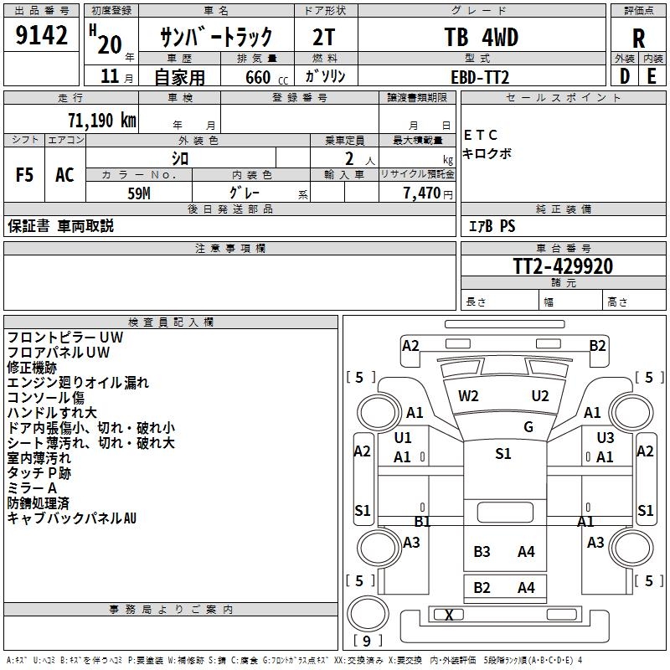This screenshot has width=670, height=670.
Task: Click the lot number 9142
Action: (x=42, y=36)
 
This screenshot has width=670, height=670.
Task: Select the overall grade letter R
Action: (x=638, y=39)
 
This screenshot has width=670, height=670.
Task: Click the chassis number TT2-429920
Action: (x=563, y=266)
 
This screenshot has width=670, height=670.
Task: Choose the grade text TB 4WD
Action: (x=481, y=38)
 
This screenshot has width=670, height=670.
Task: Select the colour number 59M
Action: (x=139, y=193)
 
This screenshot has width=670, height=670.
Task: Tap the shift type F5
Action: (x=25, y=175)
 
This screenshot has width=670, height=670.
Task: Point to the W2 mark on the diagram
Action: (x=468, y=396)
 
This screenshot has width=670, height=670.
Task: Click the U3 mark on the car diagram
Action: (x=606, y=438)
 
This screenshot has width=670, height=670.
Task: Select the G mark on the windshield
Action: (x=528, y=427)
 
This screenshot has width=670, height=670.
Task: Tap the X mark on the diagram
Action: (x=449, y=615)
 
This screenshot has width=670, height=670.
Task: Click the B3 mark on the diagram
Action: (x=482, y=551)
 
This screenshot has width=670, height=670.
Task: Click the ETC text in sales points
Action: (x=481, y=135)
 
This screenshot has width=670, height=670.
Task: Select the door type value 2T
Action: (x=326, y=38)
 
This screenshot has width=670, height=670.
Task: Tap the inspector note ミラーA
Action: (x=32, y=488)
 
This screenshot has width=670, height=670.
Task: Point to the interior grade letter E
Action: (x=652, y=76)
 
